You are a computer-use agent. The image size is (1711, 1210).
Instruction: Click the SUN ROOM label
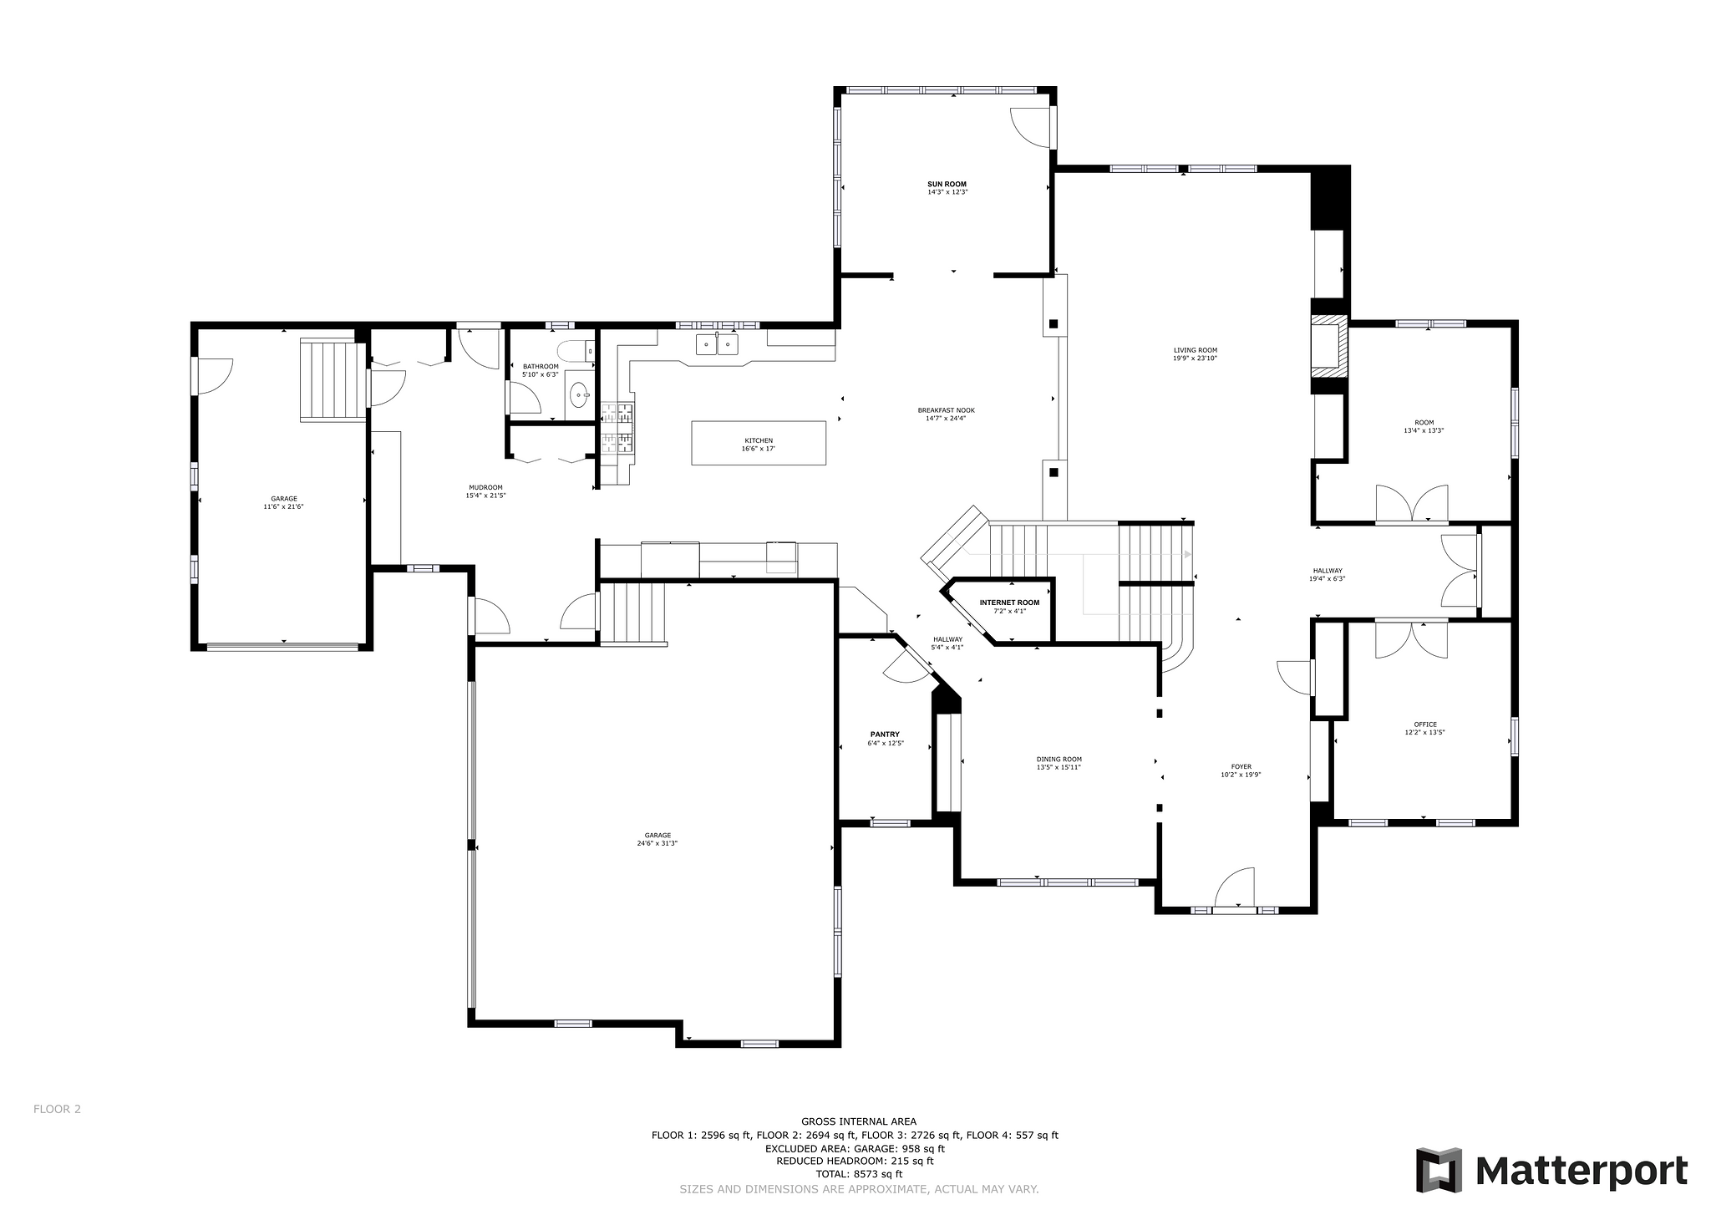pos(947,184)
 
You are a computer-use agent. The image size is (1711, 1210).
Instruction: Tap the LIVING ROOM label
pos(1195,351)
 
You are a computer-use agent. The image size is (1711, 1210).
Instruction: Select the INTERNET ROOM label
pos(1009,602)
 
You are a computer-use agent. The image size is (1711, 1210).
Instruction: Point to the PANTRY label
pos(885,735)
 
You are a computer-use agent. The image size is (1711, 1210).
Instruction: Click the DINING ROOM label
pos(1059,760)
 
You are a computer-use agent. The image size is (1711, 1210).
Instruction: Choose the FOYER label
pos(1241,766)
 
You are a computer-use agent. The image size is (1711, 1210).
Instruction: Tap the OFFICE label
pos(1425,724)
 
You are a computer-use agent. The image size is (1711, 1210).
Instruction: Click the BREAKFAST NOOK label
pos(946,410)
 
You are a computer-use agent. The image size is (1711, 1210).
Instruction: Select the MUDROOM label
pos(485,488)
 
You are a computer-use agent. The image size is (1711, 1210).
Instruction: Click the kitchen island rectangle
pos(759,443)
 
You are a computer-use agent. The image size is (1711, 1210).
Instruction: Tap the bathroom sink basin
pos(579,394)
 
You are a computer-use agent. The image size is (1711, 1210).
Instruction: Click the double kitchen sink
pos(718,344)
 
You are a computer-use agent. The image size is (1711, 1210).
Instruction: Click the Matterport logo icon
pos(1439,1170)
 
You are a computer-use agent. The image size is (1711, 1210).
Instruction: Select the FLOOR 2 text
pos(57,1110)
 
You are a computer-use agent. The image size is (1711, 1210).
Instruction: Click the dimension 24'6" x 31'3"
pos(657,843)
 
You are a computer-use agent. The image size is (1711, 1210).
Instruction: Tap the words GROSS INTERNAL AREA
pos(859,1121)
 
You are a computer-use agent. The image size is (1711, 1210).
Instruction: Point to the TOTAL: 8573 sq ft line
pos(859,1174)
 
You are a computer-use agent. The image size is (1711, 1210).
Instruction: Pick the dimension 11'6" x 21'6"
pos(283,506)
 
